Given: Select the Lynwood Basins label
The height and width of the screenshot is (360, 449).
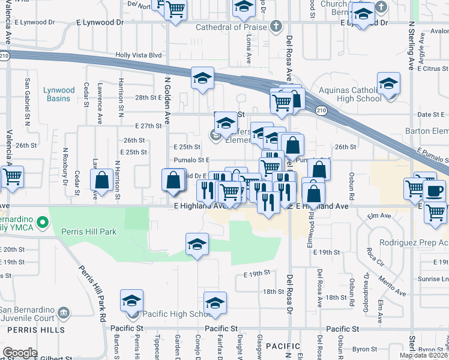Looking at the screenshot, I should pyautogui.click(x=59, y=95).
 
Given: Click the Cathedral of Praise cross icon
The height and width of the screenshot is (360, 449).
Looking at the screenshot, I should pyautogui.click(x=276, y=26).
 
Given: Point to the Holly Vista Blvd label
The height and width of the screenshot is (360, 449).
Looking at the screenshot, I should pyautogui.click(x=139, y=55).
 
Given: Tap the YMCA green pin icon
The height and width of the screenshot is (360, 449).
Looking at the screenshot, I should pyautogui.click(x=41, y=223).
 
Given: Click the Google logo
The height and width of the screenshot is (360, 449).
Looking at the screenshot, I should pyautogui.click(x=20, y=352).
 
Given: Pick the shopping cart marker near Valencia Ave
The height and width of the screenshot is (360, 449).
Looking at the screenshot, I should pyautogui.click(x=12, y=177).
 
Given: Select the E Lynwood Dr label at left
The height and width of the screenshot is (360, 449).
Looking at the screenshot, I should pyautogui.click(x=100, y=22).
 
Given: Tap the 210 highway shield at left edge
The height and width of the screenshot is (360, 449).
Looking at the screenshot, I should pyautogui.click(x=5, y=56).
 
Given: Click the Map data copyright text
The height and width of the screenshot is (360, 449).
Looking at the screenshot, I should pyautogui.click(x=424, y=355).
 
